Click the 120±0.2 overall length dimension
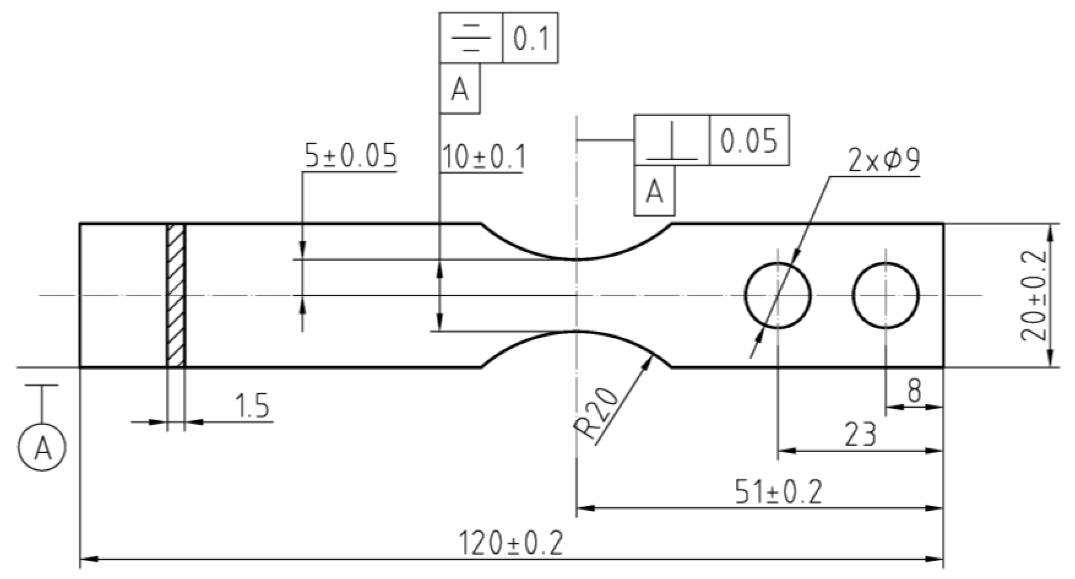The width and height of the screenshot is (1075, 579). [511, 544]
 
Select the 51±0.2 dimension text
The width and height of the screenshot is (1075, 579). [778, 492]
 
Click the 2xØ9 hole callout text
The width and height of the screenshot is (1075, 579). [884, 161]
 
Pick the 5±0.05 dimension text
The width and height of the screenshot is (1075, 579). [351, 156]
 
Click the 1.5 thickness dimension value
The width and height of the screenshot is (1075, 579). [252, 406]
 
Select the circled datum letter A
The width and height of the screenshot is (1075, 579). [42, 448]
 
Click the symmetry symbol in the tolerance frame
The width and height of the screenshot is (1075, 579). [471, 38]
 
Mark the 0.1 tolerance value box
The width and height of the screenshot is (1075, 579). [530, 38]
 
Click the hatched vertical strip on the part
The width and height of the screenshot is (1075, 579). [176, 295]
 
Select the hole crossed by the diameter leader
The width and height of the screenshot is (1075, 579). [778, 295]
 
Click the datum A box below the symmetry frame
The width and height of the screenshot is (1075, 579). [460, 89]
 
